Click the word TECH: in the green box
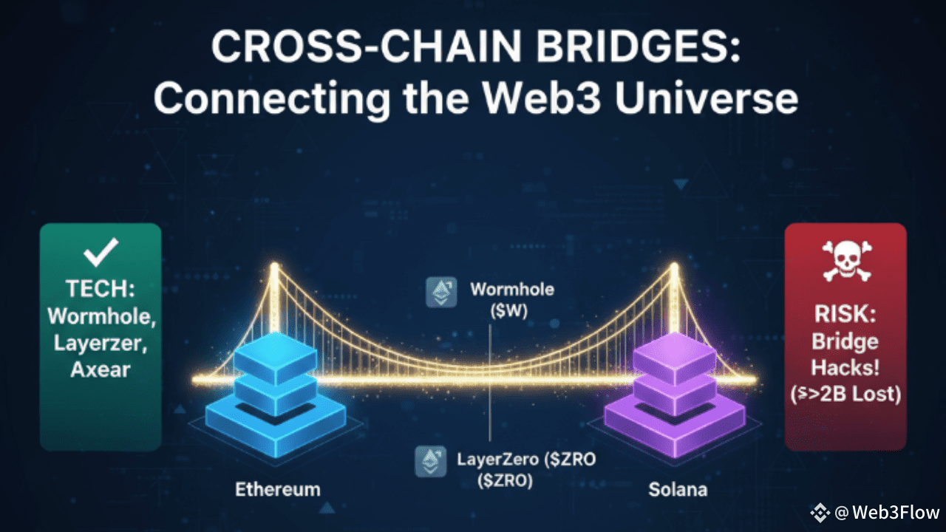100,290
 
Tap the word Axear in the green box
100,369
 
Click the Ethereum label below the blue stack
278,489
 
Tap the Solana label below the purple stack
678,490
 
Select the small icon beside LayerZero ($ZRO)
430,460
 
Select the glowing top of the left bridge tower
275,267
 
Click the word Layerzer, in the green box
100,343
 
